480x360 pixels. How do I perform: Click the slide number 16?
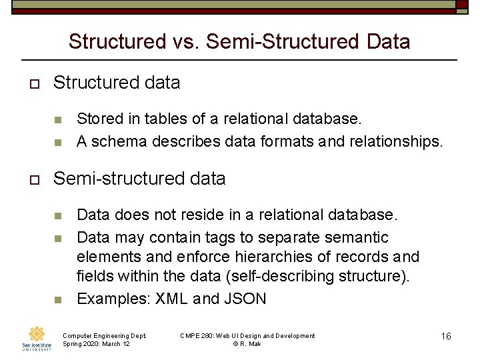point(446,336)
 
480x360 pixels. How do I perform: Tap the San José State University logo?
point(36,337)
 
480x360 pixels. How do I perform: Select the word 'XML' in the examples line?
point(171,299)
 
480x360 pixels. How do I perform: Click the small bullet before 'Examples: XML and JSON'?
point(58,299)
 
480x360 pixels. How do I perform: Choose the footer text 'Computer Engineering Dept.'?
point(104,335)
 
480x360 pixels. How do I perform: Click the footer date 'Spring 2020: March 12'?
point(96,343)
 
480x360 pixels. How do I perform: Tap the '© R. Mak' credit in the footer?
point(247,343)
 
